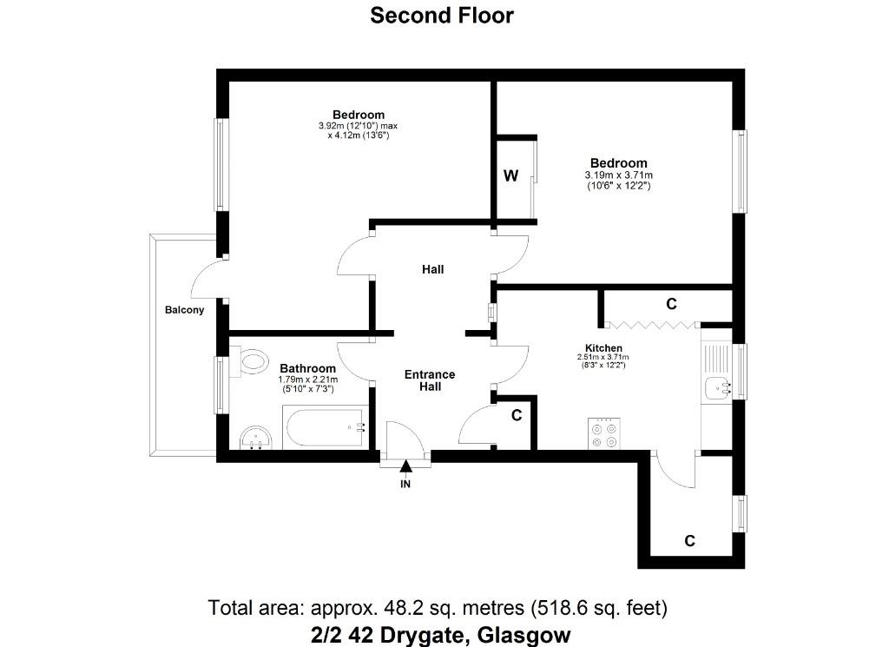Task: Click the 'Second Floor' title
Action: (442, 16)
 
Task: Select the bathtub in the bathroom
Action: (326, 427)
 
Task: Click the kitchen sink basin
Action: (718, 389)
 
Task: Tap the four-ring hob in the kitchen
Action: (604, 433)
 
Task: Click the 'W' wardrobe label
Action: (510, 175)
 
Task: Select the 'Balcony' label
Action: (184, 310)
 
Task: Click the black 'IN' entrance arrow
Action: (405, 466)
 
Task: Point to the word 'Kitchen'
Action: (604, 348)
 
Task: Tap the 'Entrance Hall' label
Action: (430, 380)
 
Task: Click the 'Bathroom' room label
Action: (308, 368)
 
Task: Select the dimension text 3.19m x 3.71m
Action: (618, 175)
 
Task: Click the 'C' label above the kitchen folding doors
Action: (671, 305)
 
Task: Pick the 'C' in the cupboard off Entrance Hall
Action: (517, 416)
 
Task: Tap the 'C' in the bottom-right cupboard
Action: (689, 541)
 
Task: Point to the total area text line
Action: (438, 608)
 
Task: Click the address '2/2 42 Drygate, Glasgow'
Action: (440, 635)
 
